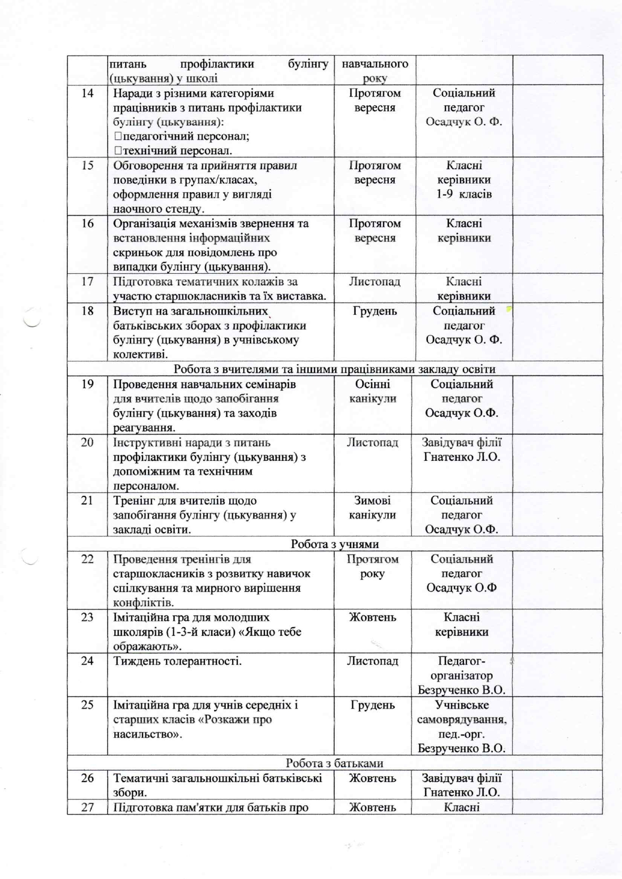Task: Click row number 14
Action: click(87, 93)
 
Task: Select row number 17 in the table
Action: click(87, 282)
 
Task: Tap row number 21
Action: click(87, 500)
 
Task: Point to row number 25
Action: click(87, 705)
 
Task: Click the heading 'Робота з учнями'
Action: click(335, 544)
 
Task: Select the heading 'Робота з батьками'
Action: click(335, 763)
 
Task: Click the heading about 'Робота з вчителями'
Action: click(335, 369)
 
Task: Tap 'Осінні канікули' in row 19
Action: click(373, 392)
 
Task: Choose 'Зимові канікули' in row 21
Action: click(373, 507)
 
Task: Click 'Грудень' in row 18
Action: click(375, 311)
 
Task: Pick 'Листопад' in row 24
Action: click(373, 661)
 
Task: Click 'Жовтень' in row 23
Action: click(373, 617)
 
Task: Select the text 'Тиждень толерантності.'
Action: click(177, 661)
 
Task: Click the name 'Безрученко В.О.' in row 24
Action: click(461, 690)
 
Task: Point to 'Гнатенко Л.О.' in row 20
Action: click(461, 457)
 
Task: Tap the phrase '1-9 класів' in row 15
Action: click(464, 194)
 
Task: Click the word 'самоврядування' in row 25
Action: click(461, 720)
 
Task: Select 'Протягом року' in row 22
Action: click(373, 566)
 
